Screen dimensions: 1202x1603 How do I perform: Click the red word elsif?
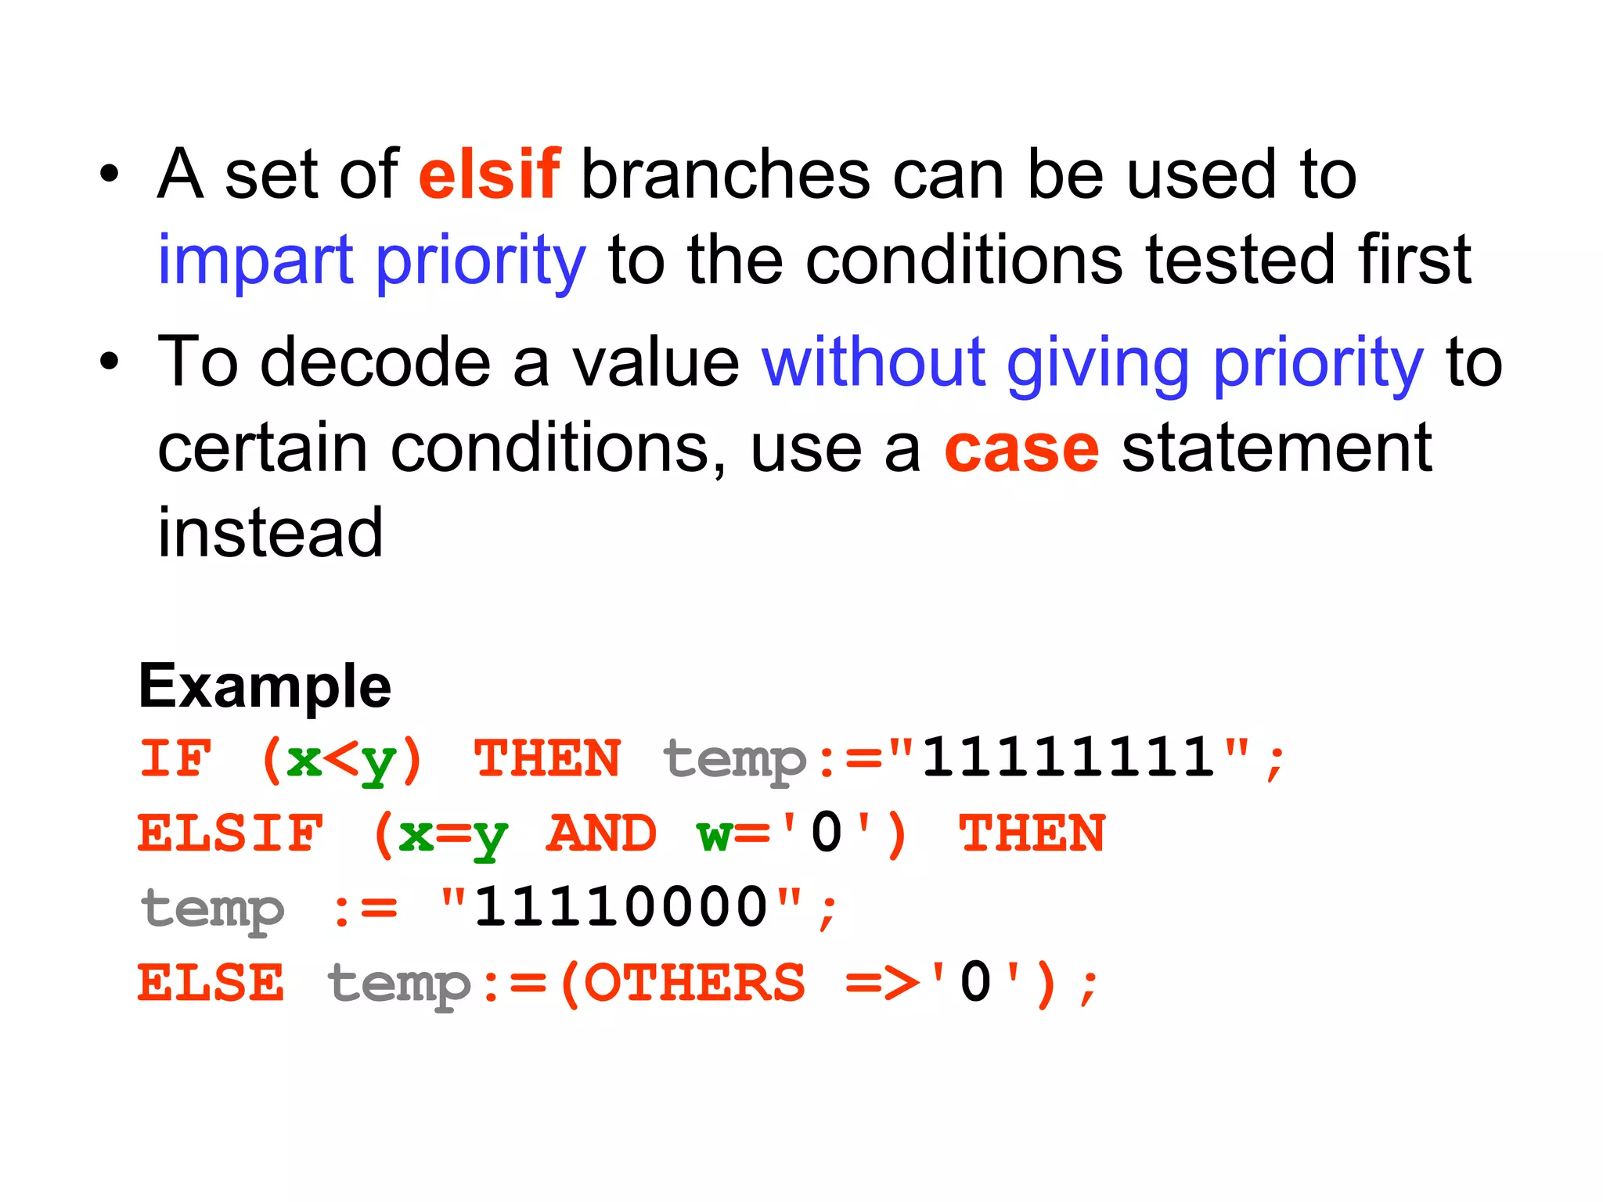(x=489, y=175)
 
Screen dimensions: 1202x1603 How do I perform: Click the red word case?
(x=1021, y=450)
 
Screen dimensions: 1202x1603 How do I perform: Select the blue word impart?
(x=256, y=261)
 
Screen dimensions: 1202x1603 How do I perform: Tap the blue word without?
(x=873, y=362)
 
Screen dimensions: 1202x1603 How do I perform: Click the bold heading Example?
(x=265, y=686)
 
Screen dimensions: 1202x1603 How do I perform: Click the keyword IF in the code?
(x=175, y=759)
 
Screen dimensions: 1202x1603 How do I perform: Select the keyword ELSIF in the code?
(x=230, y=833)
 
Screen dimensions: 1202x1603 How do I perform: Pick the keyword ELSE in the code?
(x=211, y=983)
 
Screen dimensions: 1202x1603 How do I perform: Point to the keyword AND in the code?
(x=601, y=833)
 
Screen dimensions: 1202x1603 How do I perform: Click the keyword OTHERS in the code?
(x=694, y=983)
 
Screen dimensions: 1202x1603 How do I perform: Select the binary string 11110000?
(x=621, y=908)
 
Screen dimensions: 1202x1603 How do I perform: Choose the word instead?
(x=270, y=533)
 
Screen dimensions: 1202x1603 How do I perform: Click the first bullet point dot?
(x=110, y=175)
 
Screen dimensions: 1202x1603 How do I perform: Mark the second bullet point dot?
(x=110, y=363)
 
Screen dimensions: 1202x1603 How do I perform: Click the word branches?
(x=726, y=175)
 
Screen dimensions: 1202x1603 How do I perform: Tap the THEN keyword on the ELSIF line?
(x=1032, y=833)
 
